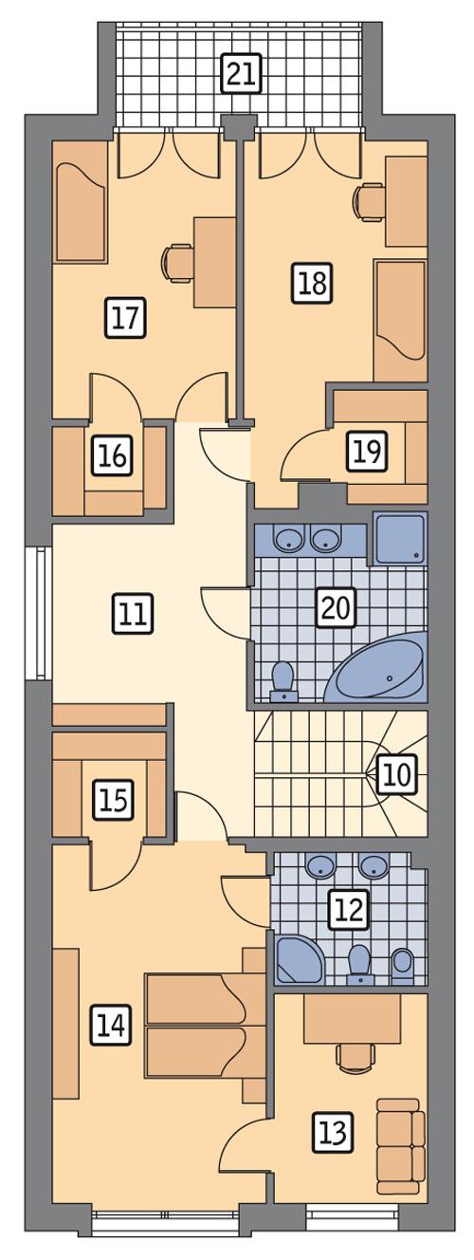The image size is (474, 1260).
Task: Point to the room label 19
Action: pos(367,452)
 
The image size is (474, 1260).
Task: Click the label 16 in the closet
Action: pos(112,456)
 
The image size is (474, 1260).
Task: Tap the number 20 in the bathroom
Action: pos(336,607)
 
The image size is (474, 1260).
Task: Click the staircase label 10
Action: pos(398,775)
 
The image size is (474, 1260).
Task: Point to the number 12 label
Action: pos(347,909)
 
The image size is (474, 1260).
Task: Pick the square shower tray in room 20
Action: pos(400,538)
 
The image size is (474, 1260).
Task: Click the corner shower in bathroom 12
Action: pos(296,960)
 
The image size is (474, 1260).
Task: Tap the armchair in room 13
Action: pos(399,1148)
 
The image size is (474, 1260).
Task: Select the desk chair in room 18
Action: pos(368,201)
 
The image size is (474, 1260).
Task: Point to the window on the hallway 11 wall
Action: pos(39,613)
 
